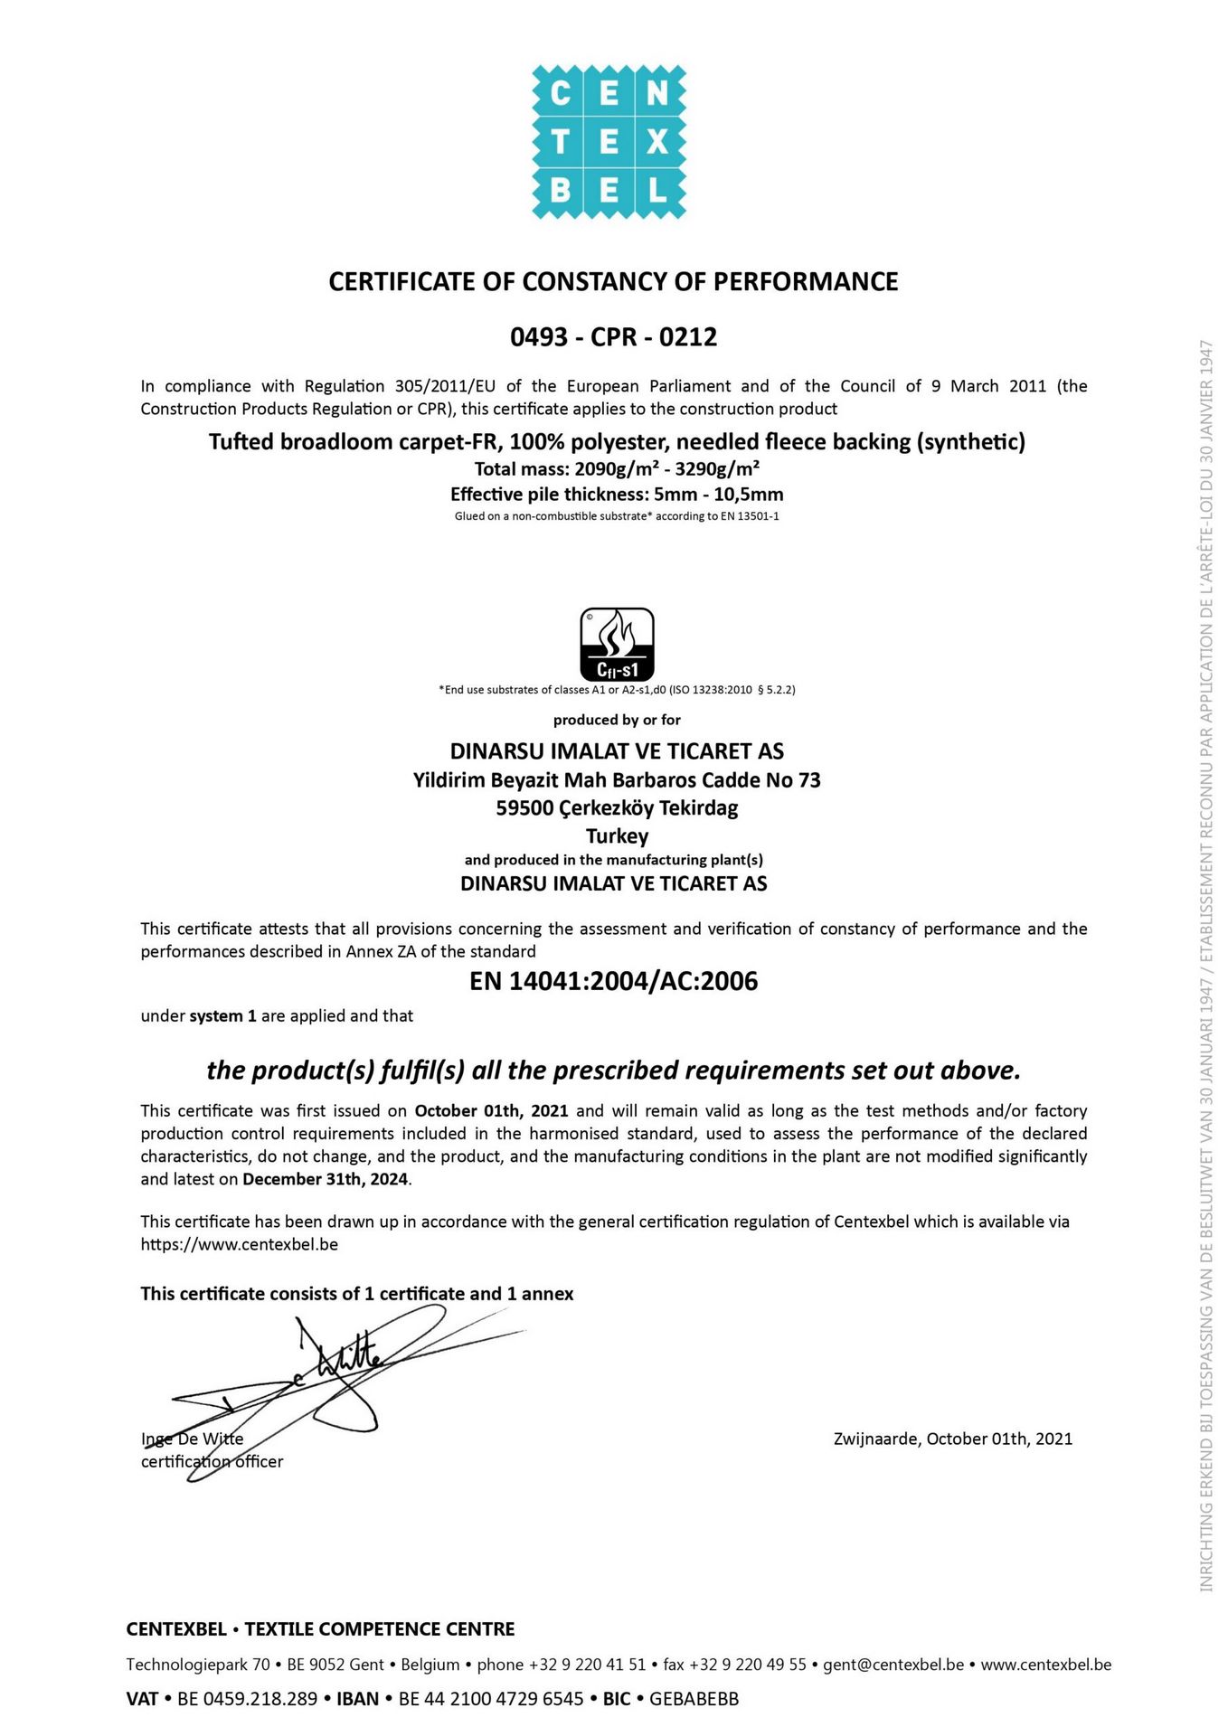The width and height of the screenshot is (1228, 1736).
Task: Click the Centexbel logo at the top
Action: (x=609, y=142)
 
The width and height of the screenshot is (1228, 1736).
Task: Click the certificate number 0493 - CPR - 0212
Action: (x=613, y=337)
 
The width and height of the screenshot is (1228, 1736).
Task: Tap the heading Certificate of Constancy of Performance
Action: (x=613, y=282)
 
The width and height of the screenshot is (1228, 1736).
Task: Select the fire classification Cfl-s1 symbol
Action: (x=617, y=644)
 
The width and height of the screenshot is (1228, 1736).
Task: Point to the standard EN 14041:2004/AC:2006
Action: (x=613, y=981)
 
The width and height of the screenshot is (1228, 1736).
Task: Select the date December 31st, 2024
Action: (x=326, y=1179)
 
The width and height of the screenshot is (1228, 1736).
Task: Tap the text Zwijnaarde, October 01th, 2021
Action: (x=952, y=1439)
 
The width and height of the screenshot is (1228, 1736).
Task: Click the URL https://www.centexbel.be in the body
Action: (x=239, y=1244)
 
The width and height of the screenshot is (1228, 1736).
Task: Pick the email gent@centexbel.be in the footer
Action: (x=893, y=1665)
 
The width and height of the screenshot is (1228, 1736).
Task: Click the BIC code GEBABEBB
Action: (x=694, y=1699)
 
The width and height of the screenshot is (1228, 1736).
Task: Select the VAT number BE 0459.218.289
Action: (x=247, y=1699)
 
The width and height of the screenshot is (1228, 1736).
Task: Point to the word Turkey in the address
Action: (x=617, y=835)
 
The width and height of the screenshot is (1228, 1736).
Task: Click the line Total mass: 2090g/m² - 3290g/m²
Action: (x=617, y=468)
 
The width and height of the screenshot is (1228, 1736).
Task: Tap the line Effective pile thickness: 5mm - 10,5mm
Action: (x=617, y=495)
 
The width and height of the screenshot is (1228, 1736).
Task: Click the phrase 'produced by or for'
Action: (x=617, y=720)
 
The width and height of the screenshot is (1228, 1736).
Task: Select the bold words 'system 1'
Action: (x=222, y=1016)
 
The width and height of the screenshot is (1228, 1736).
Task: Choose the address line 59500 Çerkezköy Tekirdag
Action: (x=617, y=807)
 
